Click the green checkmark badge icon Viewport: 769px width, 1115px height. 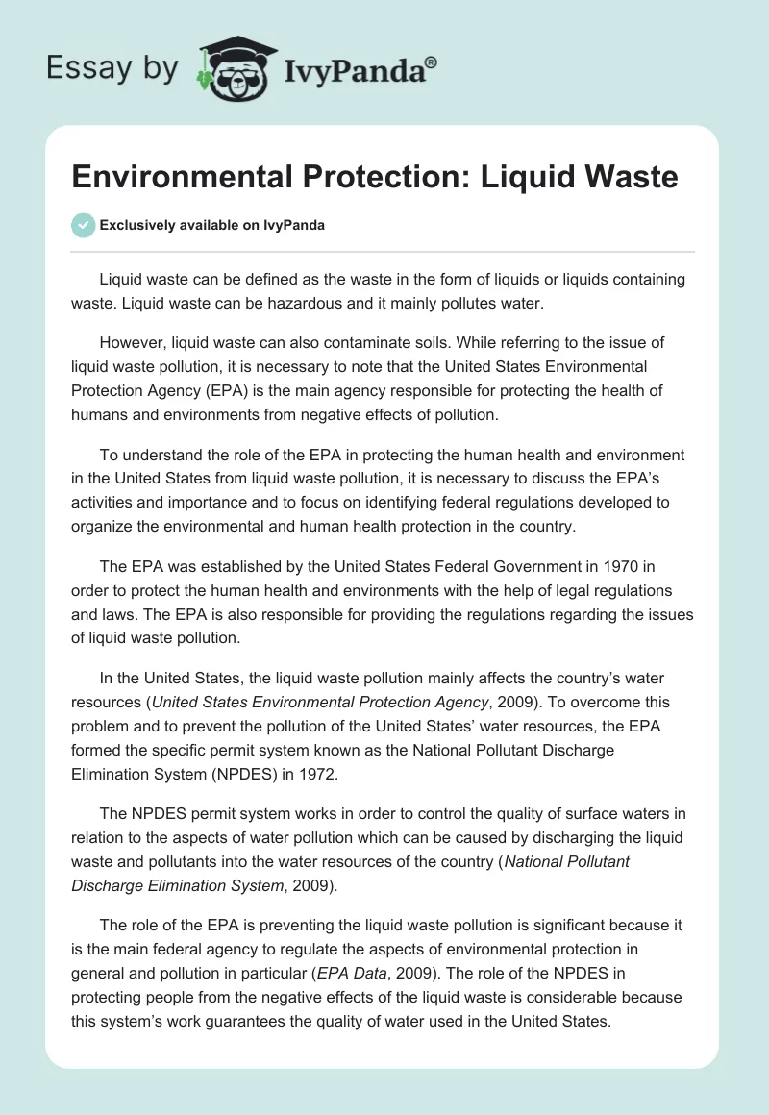(83, 225)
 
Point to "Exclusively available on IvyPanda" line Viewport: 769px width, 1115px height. (211, 226)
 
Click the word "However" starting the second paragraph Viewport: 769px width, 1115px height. (129, 342)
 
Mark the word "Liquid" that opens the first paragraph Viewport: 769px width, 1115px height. (121, 279)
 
